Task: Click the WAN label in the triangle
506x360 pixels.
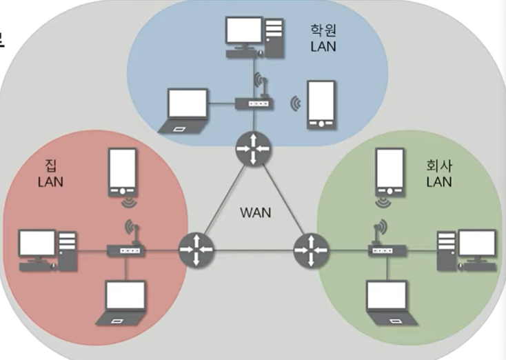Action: [255, 212]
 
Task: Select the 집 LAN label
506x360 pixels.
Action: [50, 172]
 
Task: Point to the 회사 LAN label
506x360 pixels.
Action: [438, 174]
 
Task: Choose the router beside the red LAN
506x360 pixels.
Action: [195, 250]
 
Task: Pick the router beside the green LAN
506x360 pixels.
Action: [308, 250]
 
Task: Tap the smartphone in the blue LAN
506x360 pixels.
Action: [322, 104]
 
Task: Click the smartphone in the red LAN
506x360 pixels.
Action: [123, 172]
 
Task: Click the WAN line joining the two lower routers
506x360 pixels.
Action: [252, 250]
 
